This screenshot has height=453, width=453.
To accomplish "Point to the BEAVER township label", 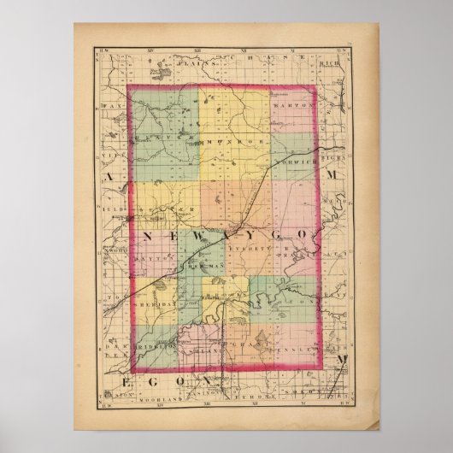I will coord(162,135).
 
